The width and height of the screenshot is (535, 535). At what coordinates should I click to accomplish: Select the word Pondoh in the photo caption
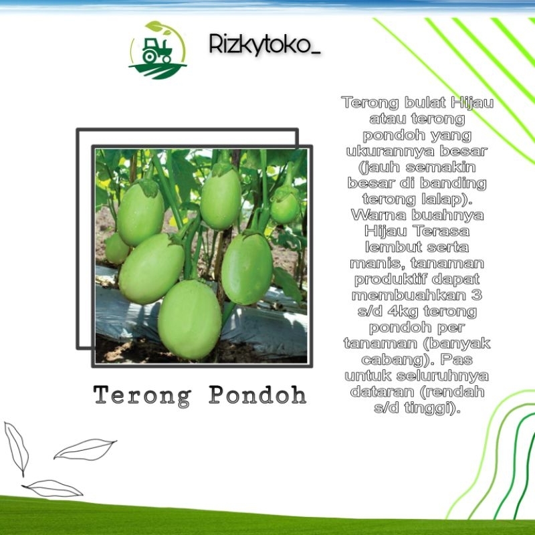(257, 395)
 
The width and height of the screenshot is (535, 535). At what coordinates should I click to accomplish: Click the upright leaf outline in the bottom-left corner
(16, 446)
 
